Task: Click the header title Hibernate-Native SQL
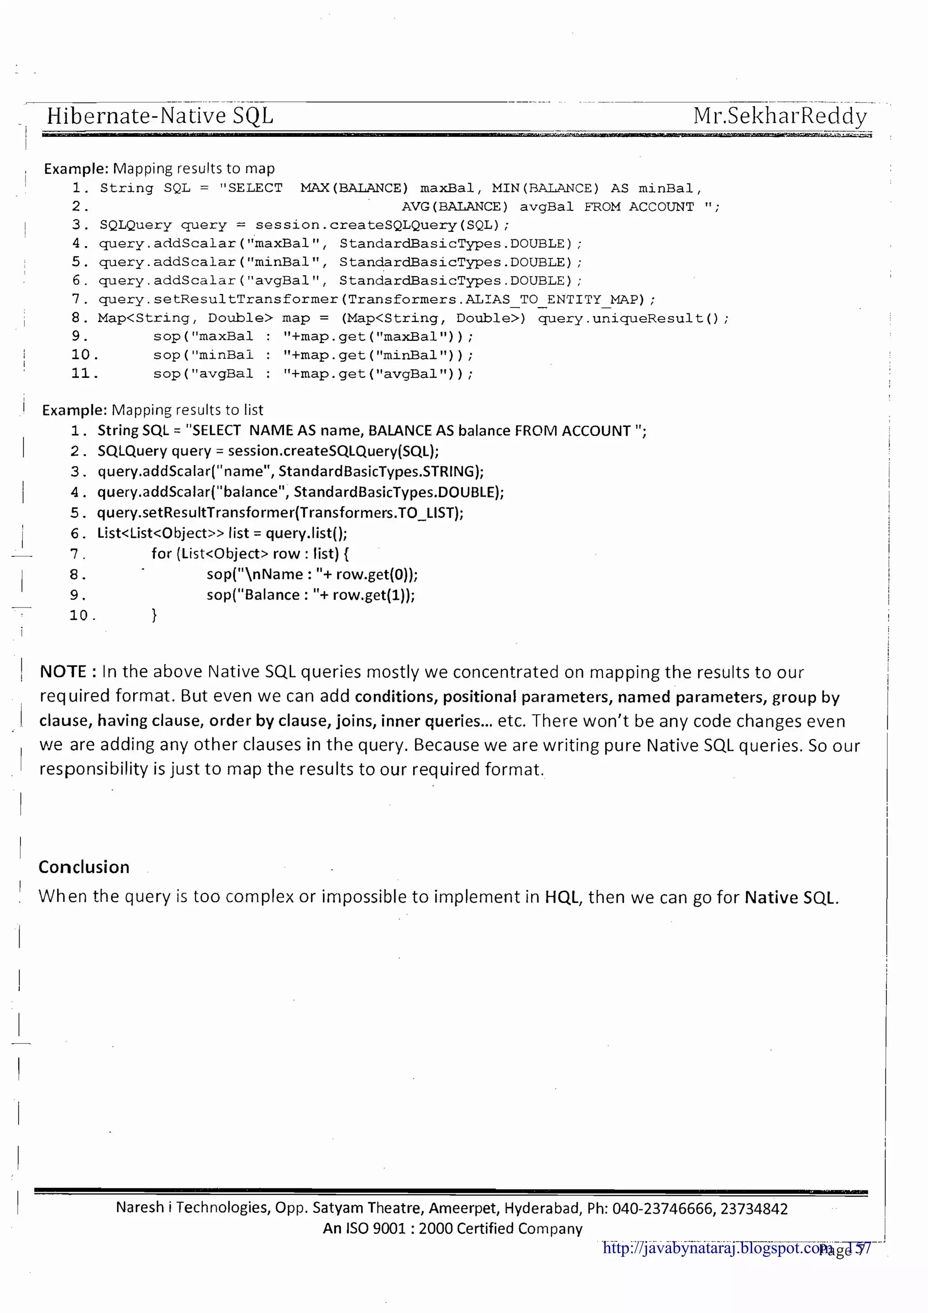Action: pos(160,116)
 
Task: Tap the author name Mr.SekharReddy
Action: pos(780,116)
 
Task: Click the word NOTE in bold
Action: pos(63,671)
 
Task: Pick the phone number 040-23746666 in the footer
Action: pos(663,1208)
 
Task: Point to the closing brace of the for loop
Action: pos(154,615)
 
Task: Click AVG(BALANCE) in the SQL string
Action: pos(454,207)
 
